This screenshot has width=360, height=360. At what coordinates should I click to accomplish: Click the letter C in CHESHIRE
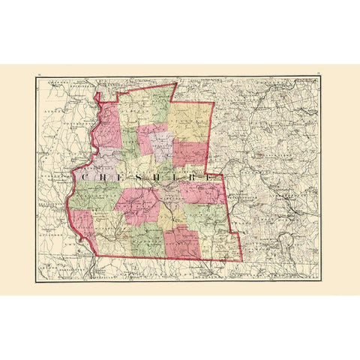[x=82, y=178]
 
